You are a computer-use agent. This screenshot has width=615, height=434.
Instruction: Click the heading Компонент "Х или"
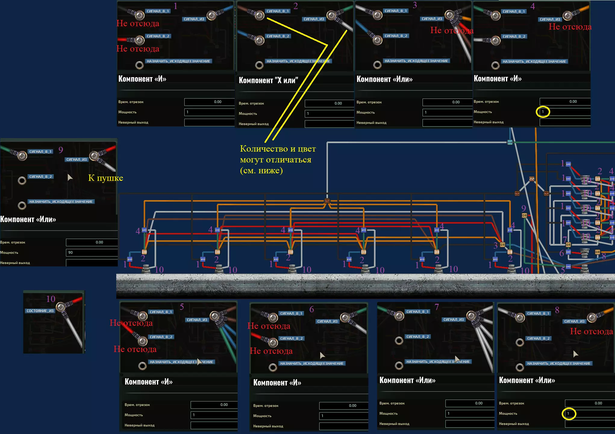coord(268,80)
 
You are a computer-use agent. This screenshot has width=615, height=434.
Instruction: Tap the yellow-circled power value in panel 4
coord(543,112)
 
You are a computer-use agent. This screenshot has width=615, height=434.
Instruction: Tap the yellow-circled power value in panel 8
coord(569,414)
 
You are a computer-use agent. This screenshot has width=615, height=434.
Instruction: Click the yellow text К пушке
coord(105,178)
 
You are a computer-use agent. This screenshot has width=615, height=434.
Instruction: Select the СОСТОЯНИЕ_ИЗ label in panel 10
coord(40,311)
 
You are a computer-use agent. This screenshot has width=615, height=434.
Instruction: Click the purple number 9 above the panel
coord(61,150)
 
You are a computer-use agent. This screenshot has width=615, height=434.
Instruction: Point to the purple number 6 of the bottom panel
coord(312,309)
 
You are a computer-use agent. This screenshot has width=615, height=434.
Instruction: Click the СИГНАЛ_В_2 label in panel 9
coord(41,177)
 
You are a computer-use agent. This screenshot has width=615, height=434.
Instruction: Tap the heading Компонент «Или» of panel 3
coord(384,79)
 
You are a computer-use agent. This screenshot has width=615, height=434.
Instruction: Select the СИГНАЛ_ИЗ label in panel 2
coord(314,19)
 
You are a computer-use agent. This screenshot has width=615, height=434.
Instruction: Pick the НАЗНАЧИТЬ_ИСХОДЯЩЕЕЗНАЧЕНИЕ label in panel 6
coord(312,364)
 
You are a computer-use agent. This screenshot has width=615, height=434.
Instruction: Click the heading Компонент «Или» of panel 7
coord(407,380)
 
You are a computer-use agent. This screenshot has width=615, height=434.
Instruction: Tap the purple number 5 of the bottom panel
coord(182,307)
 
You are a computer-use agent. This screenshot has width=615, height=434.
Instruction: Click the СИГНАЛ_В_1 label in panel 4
coord(514,11)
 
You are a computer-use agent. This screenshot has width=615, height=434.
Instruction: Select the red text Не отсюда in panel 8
coord(591,332)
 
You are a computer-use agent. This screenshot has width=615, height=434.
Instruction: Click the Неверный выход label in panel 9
coord(15,263)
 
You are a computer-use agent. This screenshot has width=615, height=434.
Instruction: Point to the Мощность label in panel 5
coord(134,415)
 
